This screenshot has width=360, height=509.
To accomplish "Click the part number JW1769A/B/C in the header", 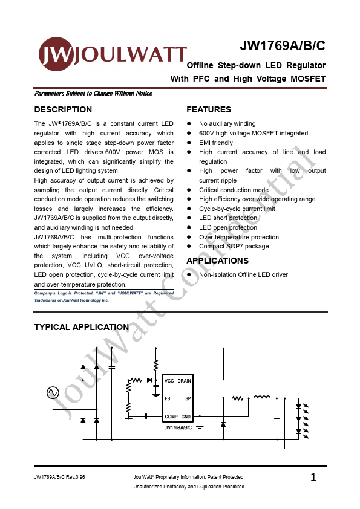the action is click(x=283, y=46).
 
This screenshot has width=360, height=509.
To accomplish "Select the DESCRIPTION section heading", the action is click(x=63, y=109).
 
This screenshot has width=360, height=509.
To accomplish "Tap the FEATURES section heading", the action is click(x=209, y=109).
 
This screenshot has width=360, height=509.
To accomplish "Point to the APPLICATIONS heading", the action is click(x=217, y=261).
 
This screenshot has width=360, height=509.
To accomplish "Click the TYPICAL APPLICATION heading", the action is click(x=81, y=327).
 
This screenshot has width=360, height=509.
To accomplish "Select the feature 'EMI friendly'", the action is click(x=215, y=143).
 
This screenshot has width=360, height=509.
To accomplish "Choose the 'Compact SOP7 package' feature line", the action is click(x=234, y=246).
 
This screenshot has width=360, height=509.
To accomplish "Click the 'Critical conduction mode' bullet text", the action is click(x=233, y=190).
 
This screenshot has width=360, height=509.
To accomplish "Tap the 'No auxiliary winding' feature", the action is click(x=227, y=123).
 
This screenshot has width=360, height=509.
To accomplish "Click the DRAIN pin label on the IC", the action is click(x=185, y=381).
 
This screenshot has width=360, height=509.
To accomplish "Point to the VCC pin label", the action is click(x=169, y=381).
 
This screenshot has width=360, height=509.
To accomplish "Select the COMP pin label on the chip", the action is click(x=171, y=417).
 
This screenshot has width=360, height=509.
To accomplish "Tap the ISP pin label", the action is click(x=188, y=398).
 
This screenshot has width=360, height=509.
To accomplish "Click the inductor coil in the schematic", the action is click(x=261, y=397).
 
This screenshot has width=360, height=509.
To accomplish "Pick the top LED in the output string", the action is click(x=298, y=406).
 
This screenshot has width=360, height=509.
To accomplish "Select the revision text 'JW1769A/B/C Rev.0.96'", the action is click(x=60, y=478).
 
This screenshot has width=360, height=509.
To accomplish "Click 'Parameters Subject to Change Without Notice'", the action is click(x=93, y=94).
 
